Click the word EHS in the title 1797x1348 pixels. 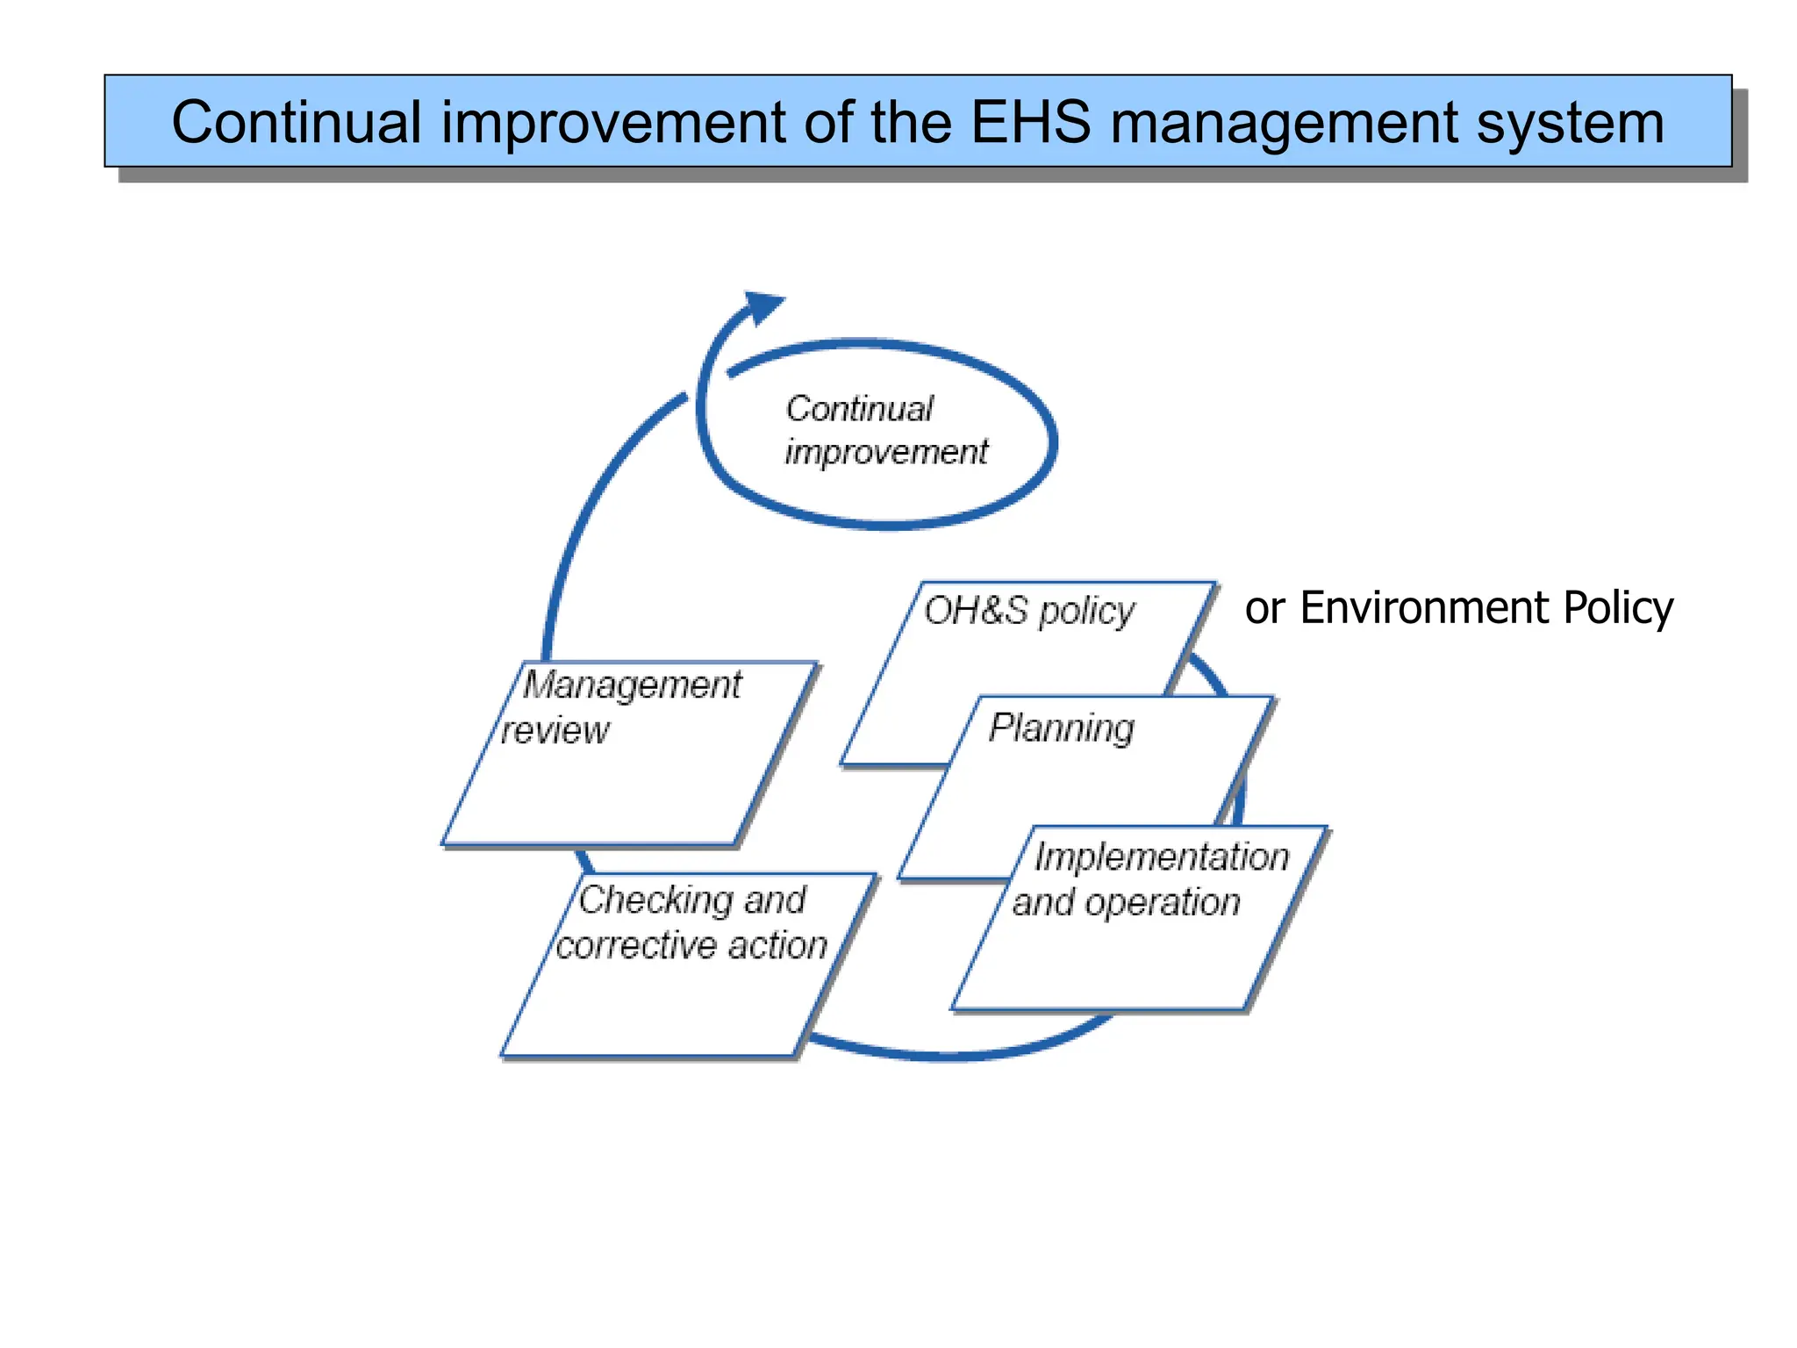point(1030,122)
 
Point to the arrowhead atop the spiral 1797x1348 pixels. point(762,307)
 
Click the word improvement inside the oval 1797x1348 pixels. point(886,453)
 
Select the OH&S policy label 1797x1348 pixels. point(1028,611)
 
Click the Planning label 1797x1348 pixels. point(1061,728)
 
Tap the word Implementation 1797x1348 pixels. point(1162,857)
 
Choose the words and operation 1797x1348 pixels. point(1127,902)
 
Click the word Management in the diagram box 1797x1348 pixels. point(632,685)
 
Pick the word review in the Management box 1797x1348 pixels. point(555,730)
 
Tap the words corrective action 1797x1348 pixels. point(691,945)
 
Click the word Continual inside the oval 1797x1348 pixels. point(859,409)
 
